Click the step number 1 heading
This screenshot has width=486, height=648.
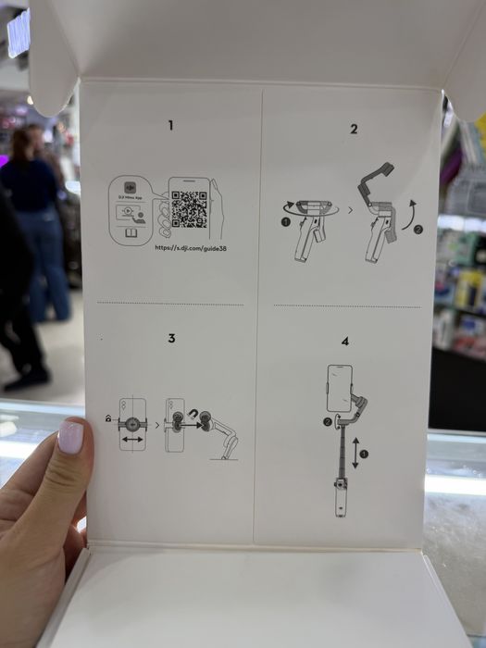pyautogui.click(x=170, y=125)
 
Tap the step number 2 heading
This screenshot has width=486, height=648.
pyautogui.click(x=354, y=129)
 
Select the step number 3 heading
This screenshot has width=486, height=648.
pyautogui.click(x=171, y=338)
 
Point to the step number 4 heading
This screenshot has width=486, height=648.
pyautogui.click(x=345, y=341)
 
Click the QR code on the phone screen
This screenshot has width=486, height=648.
pyautogui.click(x=189, y=209)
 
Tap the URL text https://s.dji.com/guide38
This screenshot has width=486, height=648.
pyautogui.click(x=191, y=248)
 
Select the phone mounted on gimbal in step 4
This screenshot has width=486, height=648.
pyautogui.click(x=339, y=388)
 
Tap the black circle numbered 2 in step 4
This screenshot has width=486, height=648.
pyautogui.click(x=327, y=422)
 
